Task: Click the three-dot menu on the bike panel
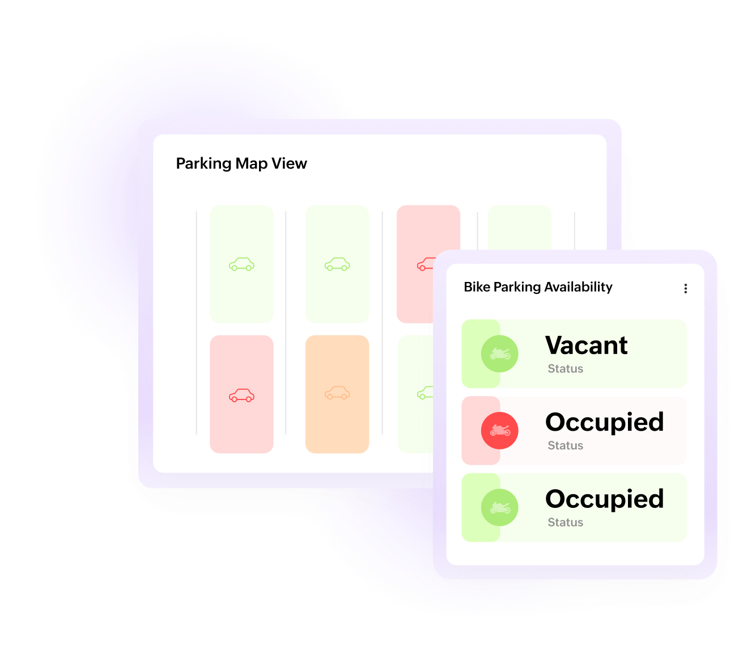685,288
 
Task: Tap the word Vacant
586,345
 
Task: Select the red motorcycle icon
499,430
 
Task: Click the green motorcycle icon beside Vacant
499,354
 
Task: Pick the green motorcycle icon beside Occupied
499,507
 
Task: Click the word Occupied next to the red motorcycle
604,423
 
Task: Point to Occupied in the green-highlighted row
604,499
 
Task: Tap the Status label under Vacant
565,369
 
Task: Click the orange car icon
337,393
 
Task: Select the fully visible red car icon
241,395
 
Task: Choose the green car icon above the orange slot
337,264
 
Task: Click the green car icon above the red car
241,264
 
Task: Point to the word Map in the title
252,164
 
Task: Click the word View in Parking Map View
289,163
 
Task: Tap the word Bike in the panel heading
477,287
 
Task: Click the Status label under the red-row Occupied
565,445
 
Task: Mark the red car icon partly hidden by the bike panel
426,264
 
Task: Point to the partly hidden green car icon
425,393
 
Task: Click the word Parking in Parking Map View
203,164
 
